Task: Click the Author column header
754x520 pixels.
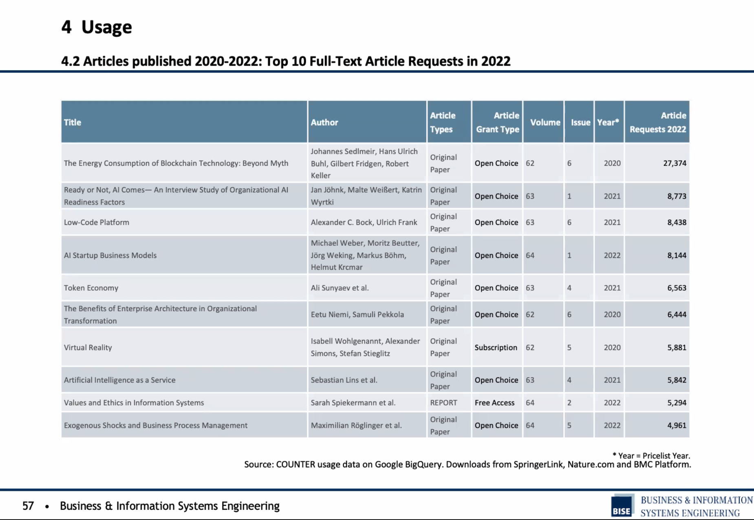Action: (324, 122)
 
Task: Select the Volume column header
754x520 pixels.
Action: (545, 122)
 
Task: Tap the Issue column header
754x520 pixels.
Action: (580, 122)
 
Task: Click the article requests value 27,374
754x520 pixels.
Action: (675, 163)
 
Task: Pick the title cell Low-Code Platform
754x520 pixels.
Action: (97, 222)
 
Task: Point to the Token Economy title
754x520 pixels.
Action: (91, 288)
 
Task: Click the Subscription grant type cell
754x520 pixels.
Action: (496, 347)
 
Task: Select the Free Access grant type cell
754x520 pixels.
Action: (494, 403)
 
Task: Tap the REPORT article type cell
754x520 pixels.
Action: (443, 403)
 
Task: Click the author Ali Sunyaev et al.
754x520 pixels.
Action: (340, 288)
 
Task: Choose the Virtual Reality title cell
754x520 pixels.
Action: (88, 347)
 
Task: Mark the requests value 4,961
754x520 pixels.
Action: (677, 425)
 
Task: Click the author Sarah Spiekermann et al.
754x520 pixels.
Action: (353, 403)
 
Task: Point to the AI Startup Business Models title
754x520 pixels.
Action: (110, 255)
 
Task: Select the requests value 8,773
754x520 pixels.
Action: (677, 196)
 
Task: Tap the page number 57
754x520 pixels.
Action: (28, 506)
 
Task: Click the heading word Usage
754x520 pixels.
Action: (106, 27)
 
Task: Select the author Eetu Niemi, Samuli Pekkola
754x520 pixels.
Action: (357, 314)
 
